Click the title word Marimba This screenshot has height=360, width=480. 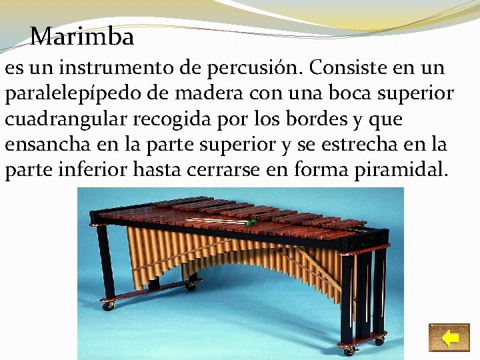point(82,36)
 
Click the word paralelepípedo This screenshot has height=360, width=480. point(75,94)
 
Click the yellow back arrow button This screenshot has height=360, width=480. point(449,337)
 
